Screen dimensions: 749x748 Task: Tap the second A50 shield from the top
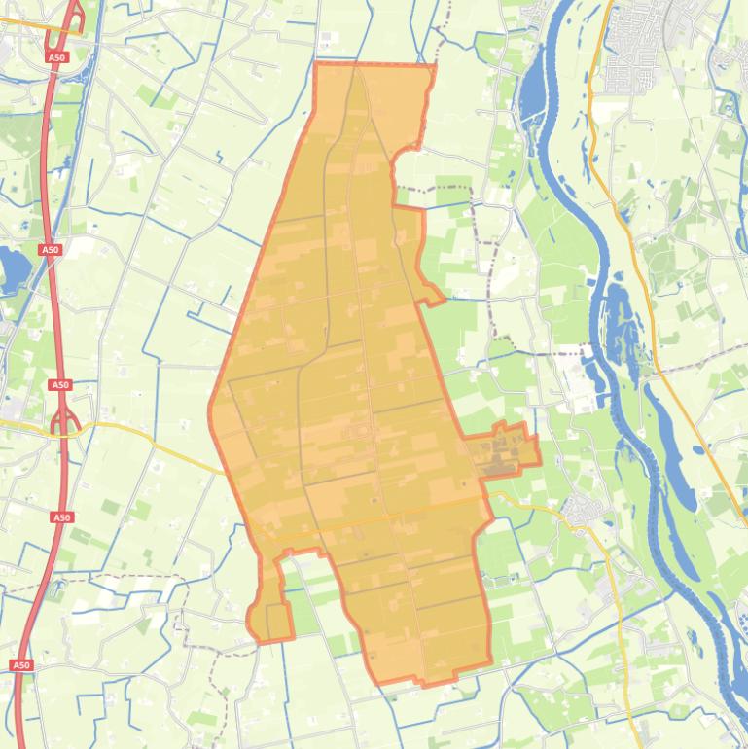click(50, 250)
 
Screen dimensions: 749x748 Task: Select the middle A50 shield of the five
click(60, 385)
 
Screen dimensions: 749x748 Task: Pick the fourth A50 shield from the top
click(62, 517)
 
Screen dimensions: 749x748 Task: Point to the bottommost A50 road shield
click(21, 665)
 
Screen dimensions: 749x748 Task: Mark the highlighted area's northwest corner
click(318, 66)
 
